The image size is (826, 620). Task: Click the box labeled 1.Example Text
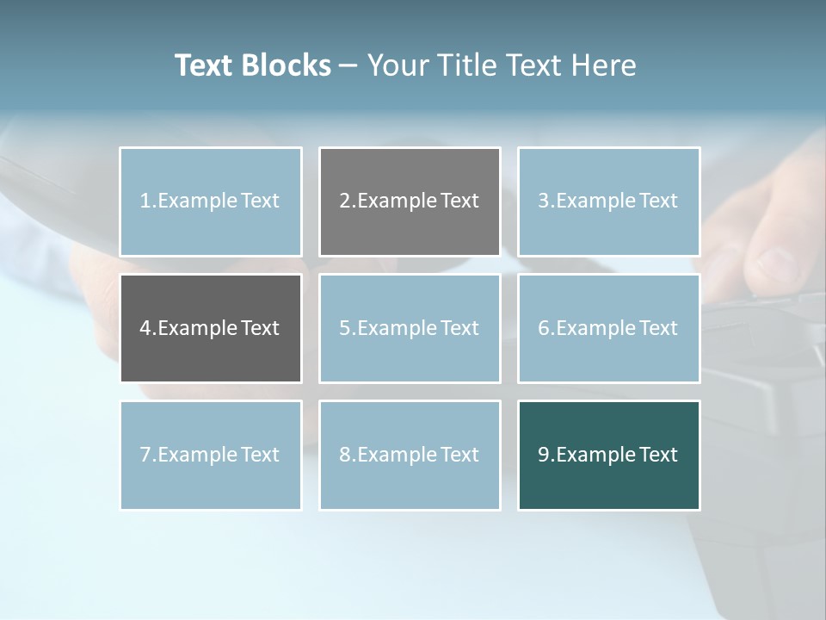(x=211, y=201)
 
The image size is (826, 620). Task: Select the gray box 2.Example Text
(x=410, y=201)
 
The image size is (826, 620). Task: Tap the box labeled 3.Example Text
(x=608, y=201)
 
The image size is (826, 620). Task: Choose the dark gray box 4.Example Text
(x=211, y=328)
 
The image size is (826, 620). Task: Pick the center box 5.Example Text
(x=410, y=328)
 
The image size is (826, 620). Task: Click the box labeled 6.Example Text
(x=608, y=328)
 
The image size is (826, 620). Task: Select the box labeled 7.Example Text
(x=211, y=455)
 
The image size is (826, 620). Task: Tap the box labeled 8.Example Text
(x=410, y=455)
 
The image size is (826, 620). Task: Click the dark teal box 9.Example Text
(x=608, y=455)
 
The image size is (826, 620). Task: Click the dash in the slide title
(x=348, y=65)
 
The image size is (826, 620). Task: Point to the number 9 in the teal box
(x=544, y=455)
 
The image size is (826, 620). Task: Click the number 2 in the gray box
(x=344, y=201)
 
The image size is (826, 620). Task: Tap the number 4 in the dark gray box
(x=145, y=328)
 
